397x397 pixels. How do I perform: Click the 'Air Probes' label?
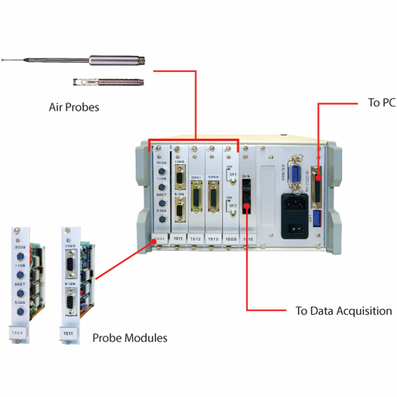pos(74,107)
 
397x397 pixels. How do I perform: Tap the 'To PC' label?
pos(381,103)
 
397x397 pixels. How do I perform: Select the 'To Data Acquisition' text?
pos(343,311)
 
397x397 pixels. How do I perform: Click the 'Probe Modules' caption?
pos(130,338)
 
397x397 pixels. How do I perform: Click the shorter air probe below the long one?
pos(109,82)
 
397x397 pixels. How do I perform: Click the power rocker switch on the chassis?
pos(295,228)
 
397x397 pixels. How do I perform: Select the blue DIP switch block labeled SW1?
pos(316,217)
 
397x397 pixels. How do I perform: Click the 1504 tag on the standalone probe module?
pos(17,333)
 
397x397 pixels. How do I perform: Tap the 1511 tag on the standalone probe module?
pos(68,333)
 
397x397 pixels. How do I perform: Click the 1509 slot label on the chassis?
pos(231,239)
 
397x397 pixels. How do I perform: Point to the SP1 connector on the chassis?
pos(233,181)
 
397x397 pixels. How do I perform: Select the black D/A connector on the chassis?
pos(246,197)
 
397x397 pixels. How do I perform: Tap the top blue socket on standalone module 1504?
pos(20,257)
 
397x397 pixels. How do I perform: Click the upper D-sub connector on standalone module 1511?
pos(70,264)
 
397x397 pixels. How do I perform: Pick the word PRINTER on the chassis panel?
pos(283,172)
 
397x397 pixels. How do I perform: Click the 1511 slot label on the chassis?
pos(178,239)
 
